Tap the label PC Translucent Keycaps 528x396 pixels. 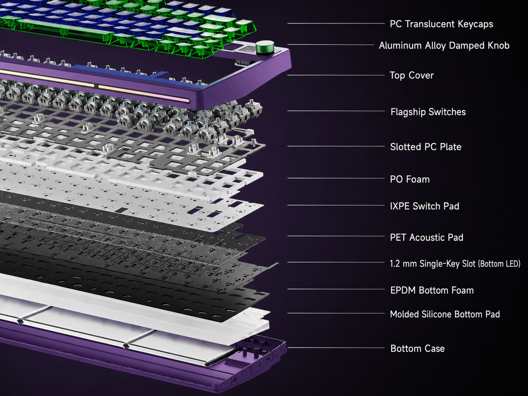[442, 24]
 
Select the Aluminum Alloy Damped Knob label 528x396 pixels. [444, 46]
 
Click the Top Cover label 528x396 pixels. [412, 75]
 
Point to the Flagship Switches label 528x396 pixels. [428, 112]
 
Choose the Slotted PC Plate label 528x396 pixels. [426, 147]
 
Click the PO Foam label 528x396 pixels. [409, 179]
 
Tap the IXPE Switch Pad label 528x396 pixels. [424, 206]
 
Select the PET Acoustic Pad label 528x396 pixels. [427, 237]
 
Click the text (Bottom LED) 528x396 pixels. [499, 264]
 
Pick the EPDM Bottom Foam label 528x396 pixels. [432, 291]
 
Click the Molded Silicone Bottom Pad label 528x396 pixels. [445, 314]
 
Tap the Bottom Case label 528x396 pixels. [418, 349]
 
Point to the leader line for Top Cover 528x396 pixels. [336, 75]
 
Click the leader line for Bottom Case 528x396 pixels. [336, 348]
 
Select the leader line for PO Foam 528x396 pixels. [336, 178]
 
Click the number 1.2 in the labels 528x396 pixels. [395, 264]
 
